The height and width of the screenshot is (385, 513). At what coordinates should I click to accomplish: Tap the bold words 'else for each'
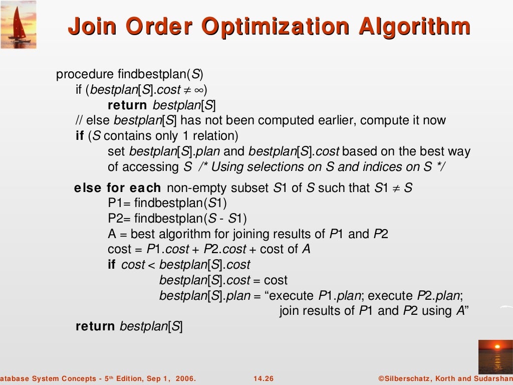coord(117,188)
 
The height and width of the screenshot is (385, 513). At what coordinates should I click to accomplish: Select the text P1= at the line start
coord(119,203)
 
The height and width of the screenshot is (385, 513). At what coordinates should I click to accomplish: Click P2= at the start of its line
coord(119,219)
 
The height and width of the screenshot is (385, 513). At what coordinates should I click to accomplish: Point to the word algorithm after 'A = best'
coord(183,234)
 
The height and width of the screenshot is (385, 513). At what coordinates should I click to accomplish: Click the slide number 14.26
coord(264,378)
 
